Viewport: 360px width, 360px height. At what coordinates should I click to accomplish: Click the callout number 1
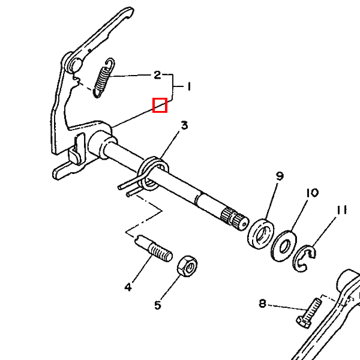pyautogui.click(x=188, y=87)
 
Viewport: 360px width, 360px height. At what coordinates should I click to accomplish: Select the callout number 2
pyautogui.click(x=157, y=75)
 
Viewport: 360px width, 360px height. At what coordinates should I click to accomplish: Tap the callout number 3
pyautogui.click(x=185, y=125)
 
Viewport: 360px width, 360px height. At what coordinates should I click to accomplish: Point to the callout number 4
pyautogui.click(x=128, y=287)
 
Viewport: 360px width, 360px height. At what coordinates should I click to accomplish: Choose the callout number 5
pyautogui.click(x=158, y=305)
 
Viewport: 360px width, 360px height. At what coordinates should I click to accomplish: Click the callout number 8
pyautogui.click(x=262, y=303)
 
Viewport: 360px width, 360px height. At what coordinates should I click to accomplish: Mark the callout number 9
pyautogui.click(x=280, y=176)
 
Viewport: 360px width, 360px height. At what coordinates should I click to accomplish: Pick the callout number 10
pyautogui.click(x=311, y=193)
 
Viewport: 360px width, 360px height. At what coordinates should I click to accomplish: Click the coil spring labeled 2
pyautogui.click(x=104, y=77)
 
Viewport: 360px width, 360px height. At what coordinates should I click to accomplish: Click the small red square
pyautogui.click(x=160, y=105)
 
